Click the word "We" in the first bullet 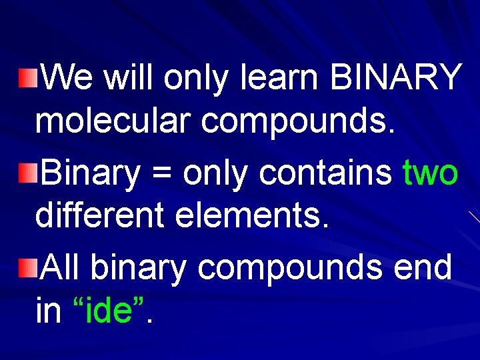[69, 79]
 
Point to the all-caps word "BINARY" [395, 79]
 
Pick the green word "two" [431, 174]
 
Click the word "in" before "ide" [47, 310]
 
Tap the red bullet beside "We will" [26, 79]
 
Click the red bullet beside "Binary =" [26, 174]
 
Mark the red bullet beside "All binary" [26, 268]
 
